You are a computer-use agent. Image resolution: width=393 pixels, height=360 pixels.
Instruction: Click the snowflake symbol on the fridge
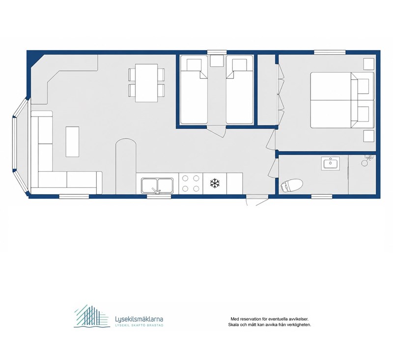[215, 183]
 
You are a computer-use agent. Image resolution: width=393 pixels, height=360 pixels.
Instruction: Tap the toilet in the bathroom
[291, 185]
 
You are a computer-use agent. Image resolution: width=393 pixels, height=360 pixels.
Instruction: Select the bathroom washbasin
[330, 163]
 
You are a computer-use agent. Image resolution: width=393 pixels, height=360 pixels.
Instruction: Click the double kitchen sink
[157, 185]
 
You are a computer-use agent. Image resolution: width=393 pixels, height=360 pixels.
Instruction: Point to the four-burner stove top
[191, 183]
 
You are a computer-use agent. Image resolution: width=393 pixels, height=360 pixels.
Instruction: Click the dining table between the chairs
[146, 83]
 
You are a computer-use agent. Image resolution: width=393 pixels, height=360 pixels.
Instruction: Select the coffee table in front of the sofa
[72, 142]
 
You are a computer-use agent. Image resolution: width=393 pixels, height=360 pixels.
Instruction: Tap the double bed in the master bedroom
[342, 100]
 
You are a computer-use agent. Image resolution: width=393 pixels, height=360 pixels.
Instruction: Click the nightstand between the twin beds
[217, 60]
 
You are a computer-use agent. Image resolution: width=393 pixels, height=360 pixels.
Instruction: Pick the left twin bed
[194, 90]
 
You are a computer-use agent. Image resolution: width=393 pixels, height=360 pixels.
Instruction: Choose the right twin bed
[239, 90]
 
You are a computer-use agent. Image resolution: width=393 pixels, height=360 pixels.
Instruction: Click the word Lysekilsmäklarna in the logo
[139, 319]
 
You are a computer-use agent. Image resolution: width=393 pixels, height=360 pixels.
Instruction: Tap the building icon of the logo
[92, 316]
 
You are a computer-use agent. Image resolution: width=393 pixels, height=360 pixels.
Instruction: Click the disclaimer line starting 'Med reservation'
[269, 319]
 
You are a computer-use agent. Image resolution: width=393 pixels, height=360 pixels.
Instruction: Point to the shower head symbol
[366, 160]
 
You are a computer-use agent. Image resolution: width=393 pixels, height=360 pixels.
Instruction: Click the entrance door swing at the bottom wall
[256, 201]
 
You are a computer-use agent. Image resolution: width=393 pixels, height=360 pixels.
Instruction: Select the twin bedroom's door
[217, 132]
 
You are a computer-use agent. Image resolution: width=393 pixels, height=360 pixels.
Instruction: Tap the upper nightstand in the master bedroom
[369, 64]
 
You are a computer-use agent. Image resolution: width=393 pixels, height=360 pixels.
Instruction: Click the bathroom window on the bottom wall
[322, 196]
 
